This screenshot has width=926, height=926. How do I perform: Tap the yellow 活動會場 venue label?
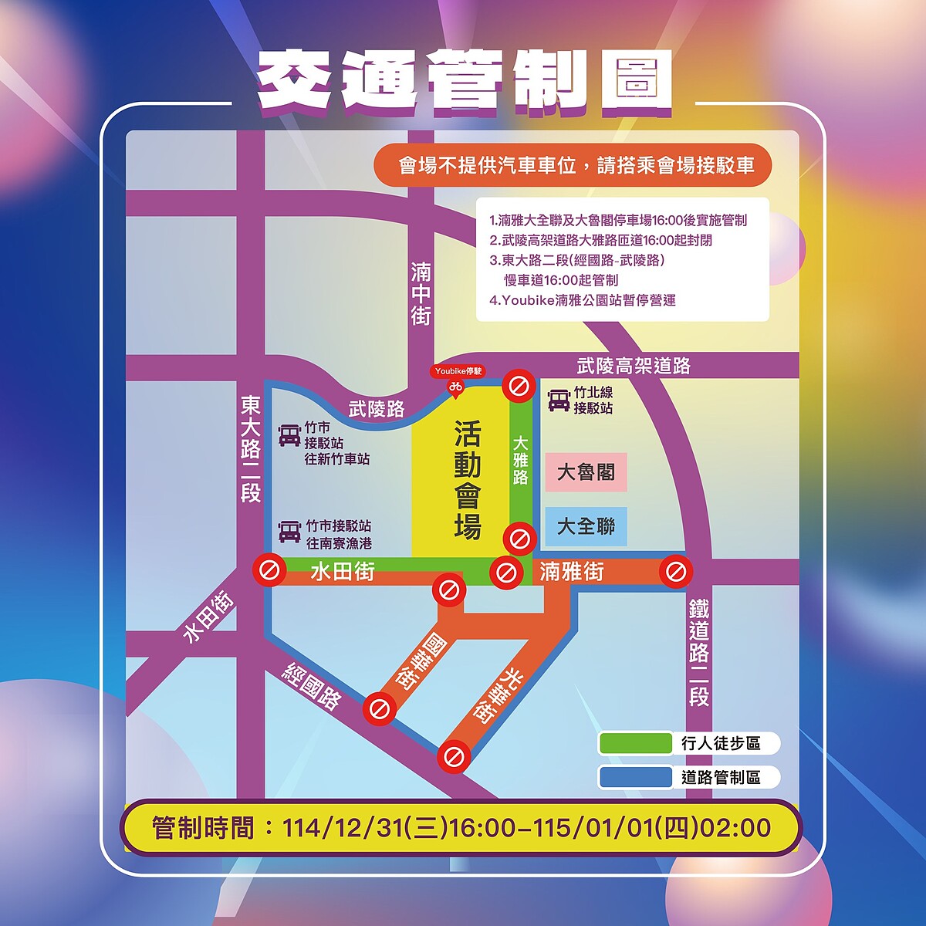467,480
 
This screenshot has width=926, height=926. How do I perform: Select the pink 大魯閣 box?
586,471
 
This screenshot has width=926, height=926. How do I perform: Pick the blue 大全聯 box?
586,526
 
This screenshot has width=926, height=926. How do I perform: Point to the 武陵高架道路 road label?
634,366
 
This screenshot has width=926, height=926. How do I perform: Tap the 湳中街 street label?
421,294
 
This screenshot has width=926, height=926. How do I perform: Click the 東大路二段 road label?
251,449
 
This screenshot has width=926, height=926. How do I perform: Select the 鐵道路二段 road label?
698,652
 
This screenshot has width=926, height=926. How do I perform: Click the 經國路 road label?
313,686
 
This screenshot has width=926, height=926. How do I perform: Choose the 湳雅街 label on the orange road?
572,572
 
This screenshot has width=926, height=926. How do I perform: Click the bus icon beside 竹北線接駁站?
559,400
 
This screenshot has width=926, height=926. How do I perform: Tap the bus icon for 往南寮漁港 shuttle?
289,532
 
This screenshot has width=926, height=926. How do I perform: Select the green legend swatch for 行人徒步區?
635,743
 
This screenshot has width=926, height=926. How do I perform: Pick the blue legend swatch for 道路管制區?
635,777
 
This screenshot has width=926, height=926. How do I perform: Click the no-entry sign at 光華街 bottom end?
454,757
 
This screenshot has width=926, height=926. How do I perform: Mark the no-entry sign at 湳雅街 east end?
676,572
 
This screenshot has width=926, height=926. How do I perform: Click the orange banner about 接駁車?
573,165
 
